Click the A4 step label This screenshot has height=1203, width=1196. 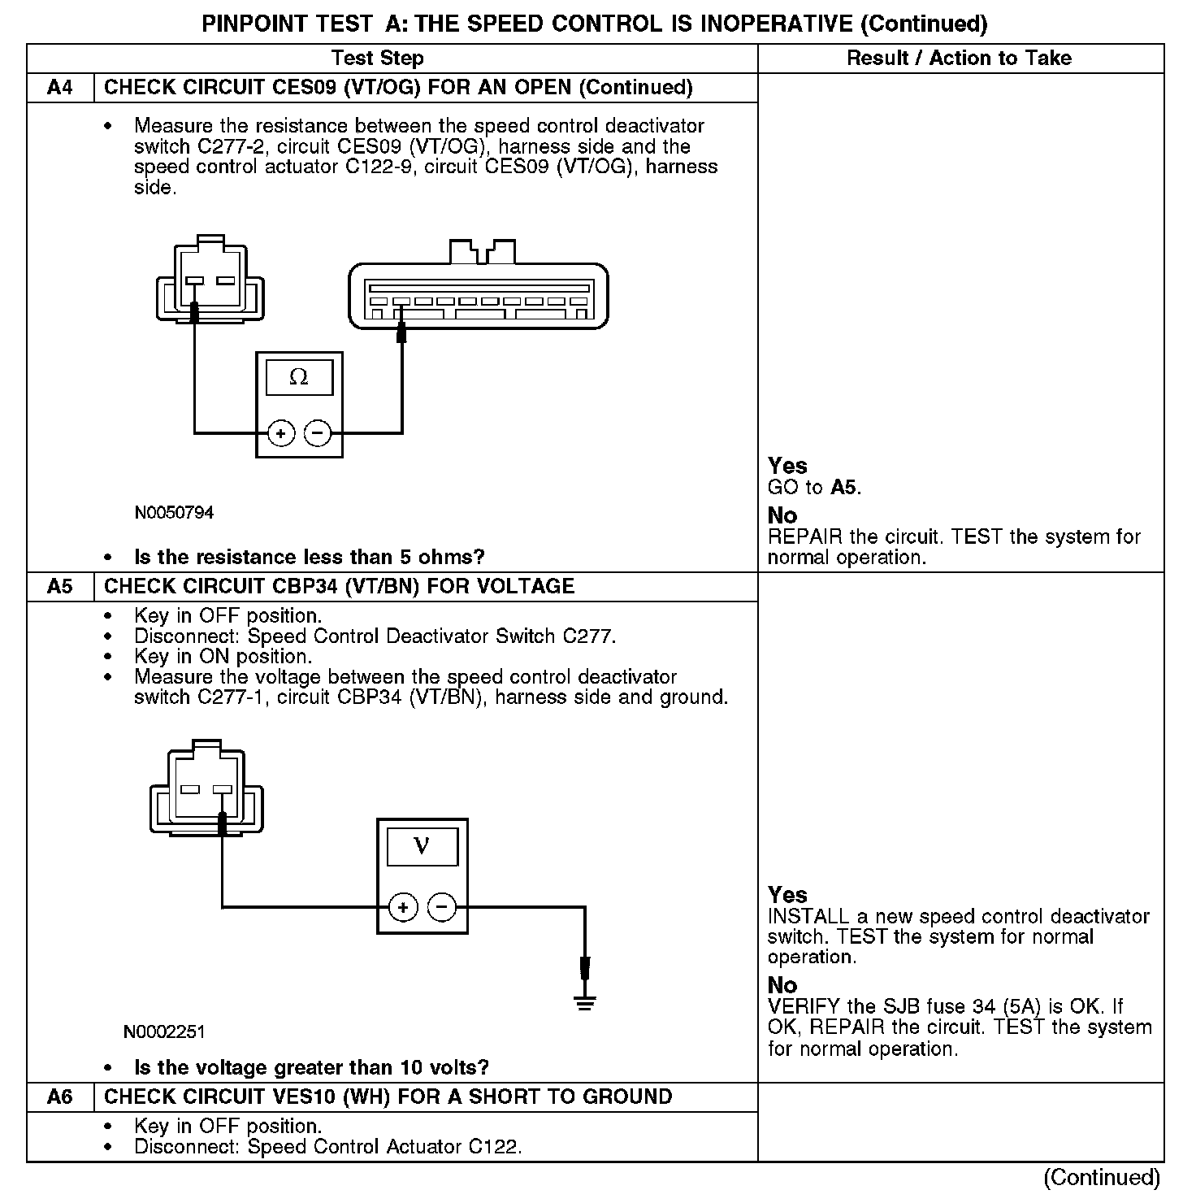60,88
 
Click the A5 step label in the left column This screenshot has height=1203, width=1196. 60,587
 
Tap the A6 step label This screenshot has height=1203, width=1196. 60,1097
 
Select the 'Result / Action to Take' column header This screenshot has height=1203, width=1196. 959,59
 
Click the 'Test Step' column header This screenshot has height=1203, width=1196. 378,59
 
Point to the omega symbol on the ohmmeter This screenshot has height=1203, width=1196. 299,378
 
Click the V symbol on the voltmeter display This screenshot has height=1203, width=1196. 422,846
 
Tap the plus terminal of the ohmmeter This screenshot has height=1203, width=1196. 281,433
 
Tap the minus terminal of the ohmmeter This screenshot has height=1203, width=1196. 318,433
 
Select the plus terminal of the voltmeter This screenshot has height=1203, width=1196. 403,907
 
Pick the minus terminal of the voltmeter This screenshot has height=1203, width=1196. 442,907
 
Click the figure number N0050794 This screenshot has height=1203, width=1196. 174,513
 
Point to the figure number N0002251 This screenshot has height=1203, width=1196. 164,1032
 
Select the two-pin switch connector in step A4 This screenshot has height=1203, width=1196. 210,279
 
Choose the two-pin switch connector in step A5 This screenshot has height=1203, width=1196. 206,788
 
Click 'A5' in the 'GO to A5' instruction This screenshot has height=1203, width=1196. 844,488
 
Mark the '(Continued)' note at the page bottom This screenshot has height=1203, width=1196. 1102,1177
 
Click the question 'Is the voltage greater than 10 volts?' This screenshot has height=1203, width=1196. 311,1067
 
